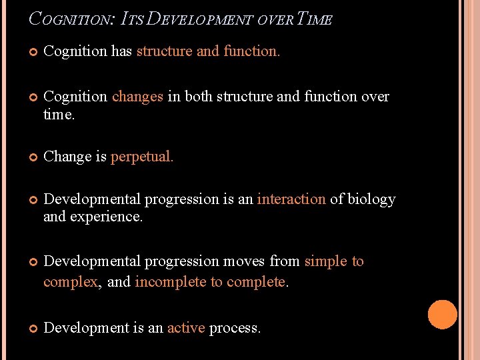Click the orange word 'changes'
(137, 97)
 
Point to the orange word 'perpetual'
(142, 157)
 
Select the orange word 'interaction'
(291, 199)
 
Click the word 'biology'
(371, 199)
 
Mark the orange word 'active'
(185, 328)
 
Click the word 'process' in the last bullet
(234, 328)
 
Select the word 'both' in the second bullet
(198, 97)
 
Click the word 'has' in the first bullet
(121, 51)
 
